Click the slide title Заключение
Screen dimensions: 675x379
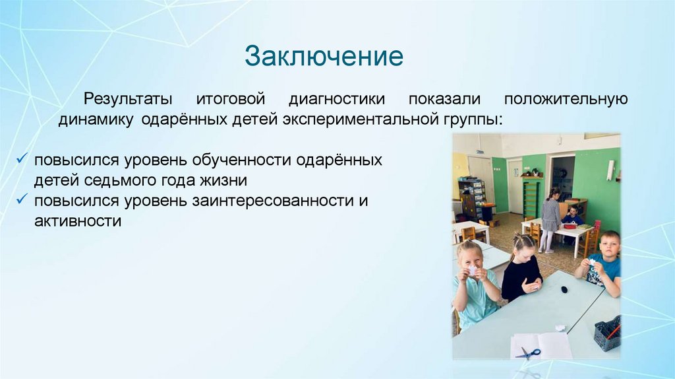pyautogui.click(x=324, y=56)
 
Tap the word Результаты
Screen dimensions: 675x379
pyautogui.click(x=128, y=99)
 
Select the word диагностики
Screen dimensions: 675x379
pyautogui.click(x=337, y=100)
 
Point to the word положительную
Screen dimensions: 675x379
pyautogui.click(x=566, y=100)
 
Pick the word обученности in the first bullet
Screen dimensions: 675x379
pyautogui.click(x=235, y=160)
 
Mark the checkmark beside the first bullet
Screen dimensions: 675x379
pyautogui.click(x=22, y=158)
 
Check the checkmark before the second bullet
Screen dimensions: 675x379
pyautogui.click(x=22, y=199)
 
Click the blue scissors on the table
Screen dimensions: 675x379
pyautogui.click(x=528, y=353)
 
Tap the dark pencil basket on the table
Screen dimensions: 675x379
pyautogui.click(x=607, y=333)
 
